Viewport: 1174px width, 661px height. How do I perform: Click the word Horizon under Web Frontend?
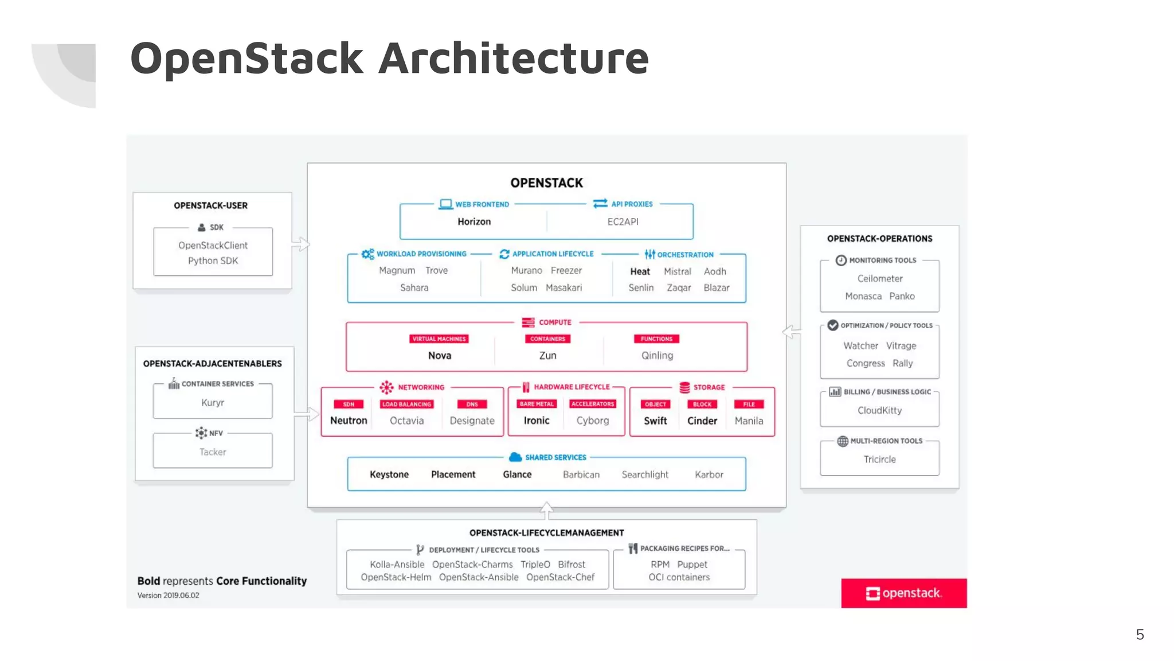pos(473,221)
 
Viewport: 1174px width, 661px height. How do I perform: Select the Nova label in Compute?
pos(439,356)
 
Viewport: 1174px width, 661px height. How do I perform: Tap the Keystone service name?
pos(389,475)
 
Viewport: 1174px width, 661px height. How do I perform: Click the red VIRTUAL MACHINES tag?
pos(439,339)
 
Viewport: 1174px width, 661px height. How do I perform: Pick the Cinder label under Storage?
pos(702,421)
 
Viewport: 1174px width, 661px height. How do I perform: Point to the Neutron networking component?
pos(349,421)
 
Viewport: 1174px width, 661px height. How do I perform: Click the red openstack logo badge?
pos(903,593)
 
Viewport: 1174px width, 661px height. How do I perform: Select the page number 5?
pos(1140,635)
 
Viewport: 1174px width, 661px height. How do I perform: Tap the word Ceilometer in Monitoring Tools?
pos(879,279)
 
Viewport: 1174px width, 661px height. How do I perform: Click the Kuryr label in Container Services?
pos(213,403)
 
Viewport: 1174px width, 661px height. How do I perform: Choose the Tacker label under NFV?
pos(213,452)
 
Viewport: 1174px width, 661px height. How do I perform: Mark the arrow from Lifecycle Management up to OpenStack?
pos(546,510)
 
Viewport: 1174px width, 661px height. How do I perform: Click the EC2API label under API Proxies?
pos(623,221)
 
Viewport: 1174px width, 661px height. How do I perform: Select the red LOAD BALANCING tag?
pos(406,405)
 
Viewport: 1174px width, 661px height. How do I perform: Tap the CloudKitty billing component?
pos(879,411)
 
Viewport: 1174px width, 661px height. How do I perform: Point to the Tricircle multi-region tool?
pos(879,460)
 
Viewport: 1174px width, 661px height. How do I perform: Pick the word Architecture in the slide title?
pos(513,59)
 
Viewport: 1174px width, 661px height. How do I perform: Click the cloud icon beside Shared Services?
pos(515,457)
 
